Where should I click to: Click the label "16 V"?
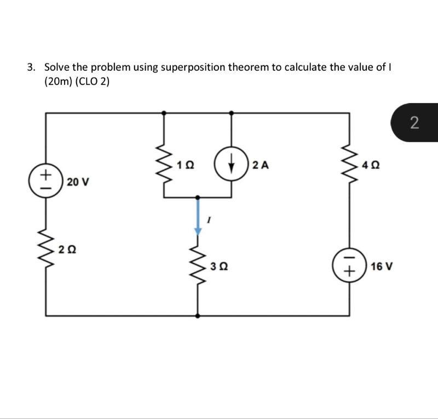coord(381,267)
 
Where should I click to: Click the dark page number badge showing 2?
coord(414,122)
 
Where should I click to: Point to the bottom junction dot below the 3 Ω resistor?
coord(197,316)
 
